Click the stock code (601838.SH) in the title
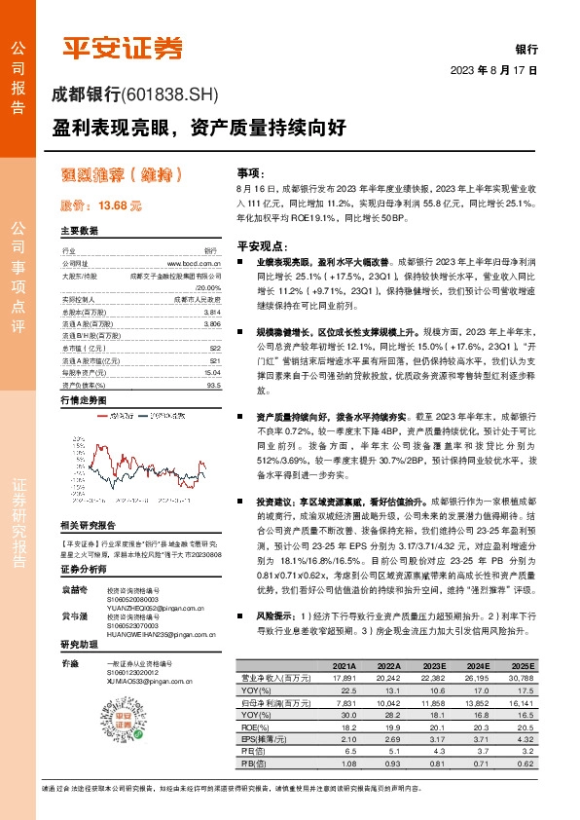click(171, 94)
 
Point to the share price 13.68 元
click(102, 205)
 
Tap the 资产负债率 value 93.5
click(213, 355)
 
